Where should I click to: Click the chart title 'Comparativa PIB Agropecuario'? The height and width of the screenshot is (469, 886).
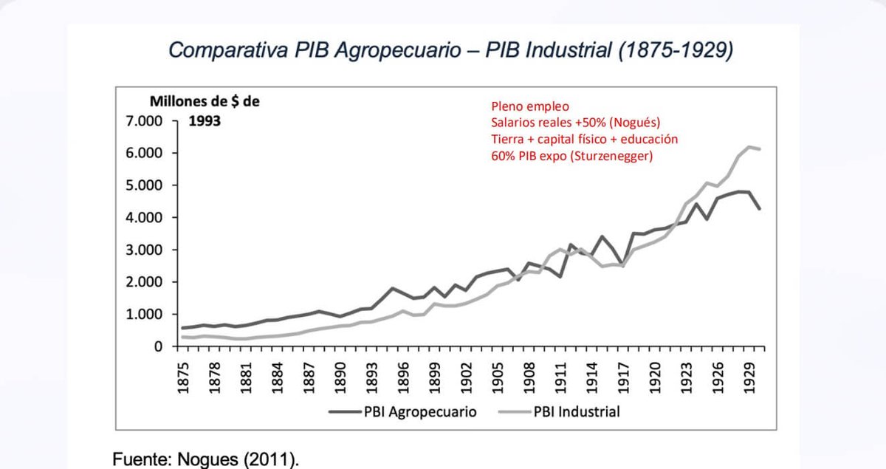coord(315,51)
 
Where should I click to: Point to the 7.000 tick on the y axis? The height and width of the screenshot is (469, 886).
coord(144,121)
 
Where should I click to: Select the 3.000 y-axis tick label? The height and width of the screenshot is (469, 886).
coord(144,250)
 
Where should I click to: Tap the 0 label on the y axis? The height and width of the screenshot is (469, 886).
coord(158,346)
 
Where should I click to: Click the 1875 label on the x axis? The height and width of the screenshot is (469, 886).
coord(183,378)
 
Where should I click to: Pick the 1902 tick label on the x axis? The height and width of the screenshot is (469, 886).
coord(467,378)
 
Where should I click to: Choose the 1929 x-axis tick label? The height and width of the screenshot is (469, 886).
coord(749,378)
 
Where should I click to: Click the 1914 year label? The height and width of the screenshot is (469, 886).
coord(592,378)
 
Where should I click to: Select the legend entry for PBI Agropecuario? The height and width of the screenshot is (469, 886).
coord(402,412)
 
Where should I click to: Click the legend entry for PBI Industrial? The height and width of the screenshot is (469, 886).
coord(559,412)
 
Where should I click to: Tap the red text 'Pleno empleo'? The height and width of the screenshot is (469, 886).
coord(530,107)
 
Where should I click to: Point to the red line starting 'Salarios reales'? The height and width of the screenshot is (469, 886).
coord(575,123)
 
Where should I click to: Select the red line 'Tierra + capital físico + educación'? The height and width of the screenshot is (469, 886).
coord(585,140)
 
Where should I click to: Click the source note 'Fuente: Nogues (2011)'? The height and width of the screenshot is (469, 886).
coord(206,459)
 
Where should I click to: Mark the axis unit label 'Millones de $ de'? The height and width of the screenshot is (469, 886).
coord(205,102)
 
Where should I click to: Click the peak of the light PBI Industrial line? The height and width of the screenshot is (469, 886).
coord(749,147)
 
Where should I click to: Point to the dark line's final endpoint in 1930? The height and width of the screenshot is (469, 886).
coord(760,208)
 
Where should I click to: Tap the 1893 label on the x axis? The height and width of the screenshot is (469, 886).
coord(372,378)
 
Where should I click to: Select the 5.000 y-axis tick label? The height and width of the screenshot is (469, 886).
coord(144,185)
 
